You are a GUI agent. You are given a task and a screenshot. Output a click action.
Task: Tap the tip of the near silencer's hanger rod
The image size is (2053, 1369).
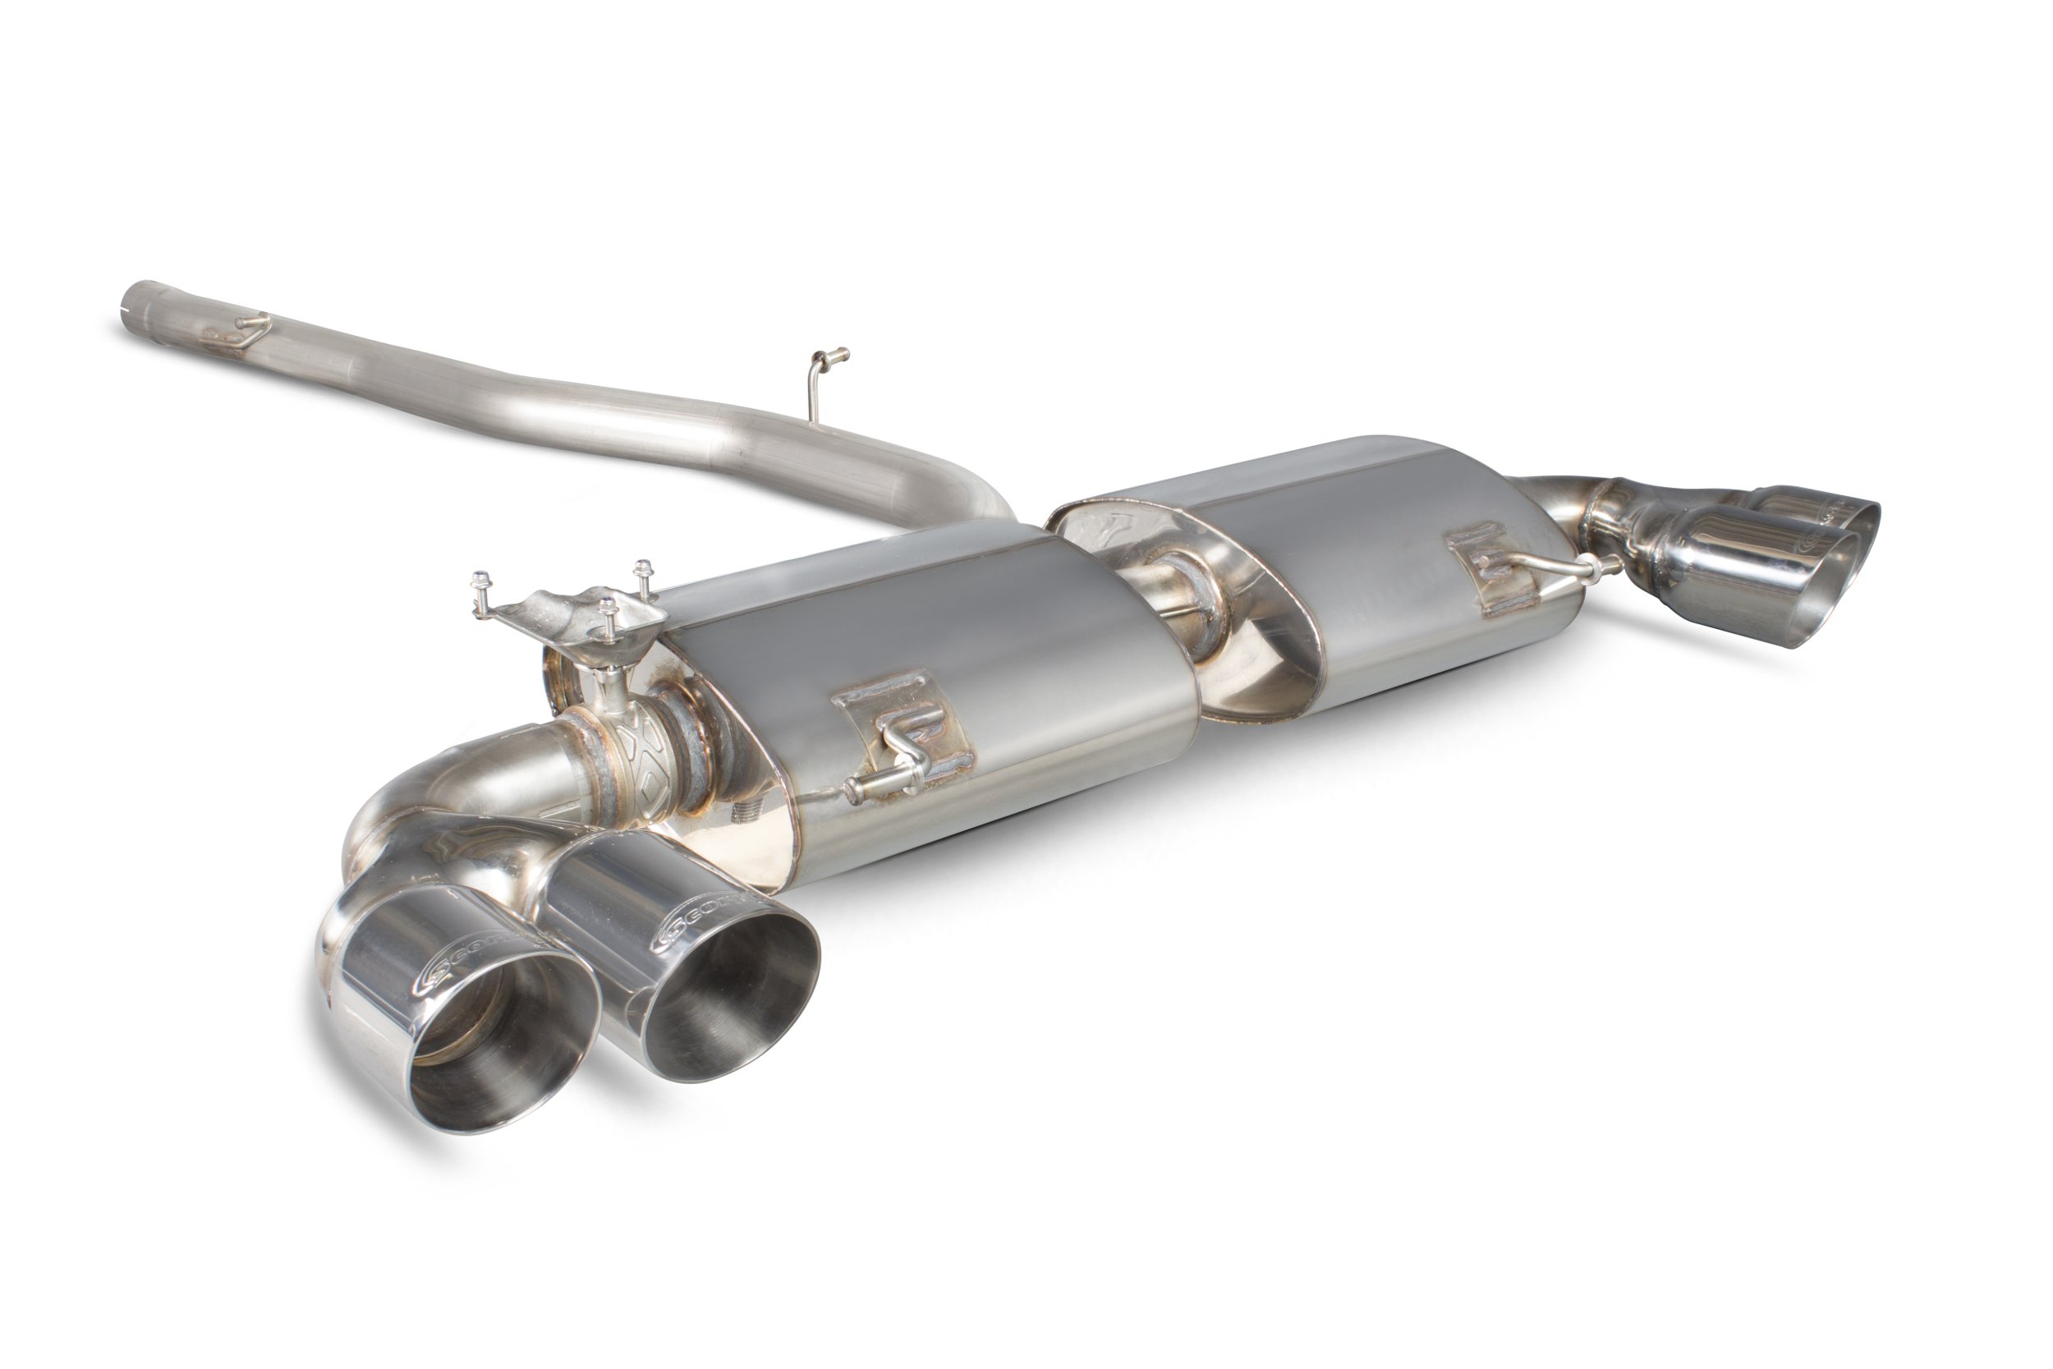point(855,791)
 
